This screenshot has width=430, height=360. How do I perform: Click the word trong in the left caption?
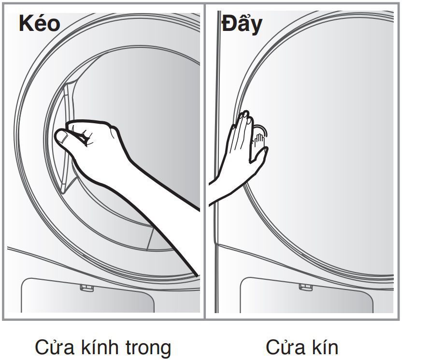pos(147,347)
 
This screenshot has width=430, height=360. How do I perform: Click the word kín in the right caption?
pos(325,347)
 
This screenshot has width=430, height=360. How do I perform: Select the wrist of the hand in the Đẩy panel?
pos(227,181)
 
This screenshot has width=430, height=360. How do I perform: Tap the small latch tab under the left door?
pos(86,288)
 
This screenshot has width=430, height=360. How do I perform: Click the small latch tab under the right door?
pos(306,287)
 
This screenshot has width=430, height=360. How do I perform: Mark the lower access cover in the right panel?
pos(307,296)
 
